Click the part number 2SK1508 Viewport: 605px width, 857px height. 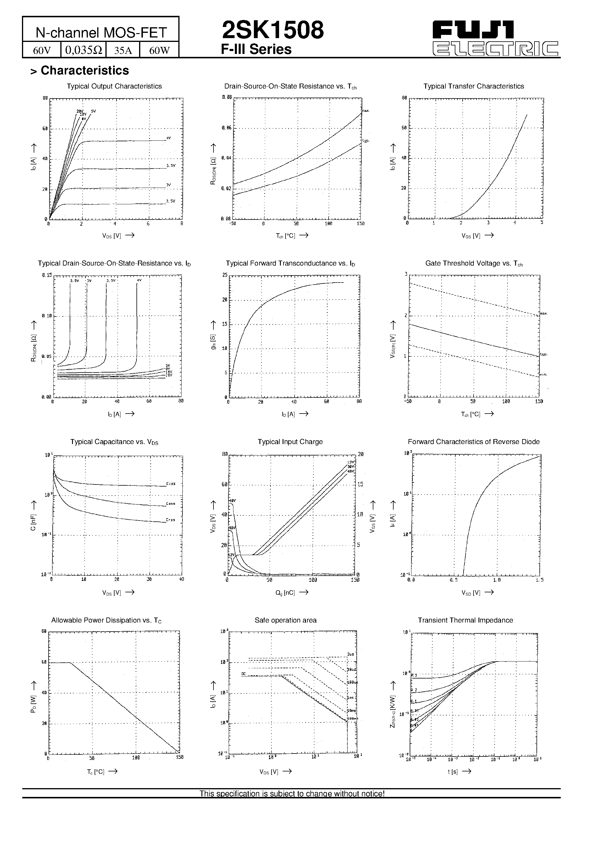point(273,30)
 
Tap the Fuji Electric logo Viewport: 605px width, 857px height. point(495,39)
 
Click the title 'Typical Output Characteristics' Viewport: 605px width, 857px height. point(114,86)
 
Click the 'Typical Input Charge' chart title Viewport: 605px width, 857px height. point(290,442)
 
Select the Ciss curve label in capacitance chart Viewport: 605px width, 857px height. point(170,484)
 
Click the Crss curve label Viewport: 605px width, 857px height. point(170,520)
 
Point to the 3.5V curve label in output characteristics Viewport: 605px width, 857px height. point(170,165)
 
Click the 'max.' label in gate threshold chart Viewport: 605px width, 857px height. point(544,313)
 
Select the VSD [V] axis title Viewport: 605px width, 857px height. point(471,592)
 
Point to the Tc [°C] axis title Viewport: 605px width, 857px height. point(95,771)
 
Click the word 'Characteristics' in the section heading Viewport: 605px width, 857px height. point(85,70)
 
